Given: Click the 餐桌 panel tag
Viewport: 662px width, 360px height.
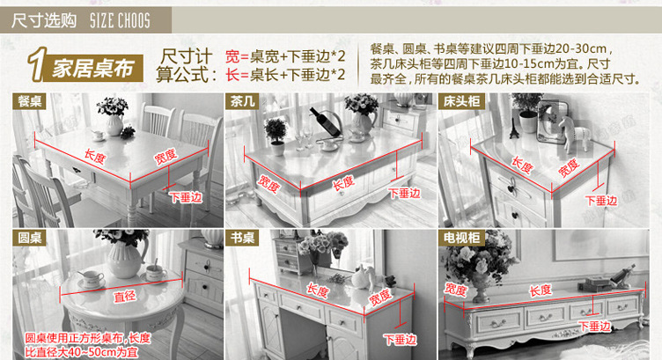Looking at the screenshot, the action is [x=29, y=102].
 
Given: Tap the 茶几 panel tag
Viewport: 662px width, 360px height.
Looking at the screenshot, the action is [x=242, y=102].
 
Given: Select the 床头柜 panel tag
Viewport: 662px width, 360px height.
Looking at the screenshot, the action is [x=461, y=102].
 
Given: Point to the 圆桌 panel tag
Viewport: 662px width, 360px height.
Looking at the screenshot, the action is [x=29, y=238].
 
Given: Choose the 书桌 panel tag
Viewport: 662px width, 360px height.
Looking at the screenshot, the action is [x=242, y=238].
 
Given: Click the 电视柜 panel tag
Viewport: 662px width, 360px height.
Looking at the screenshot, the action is [x=461, y=238].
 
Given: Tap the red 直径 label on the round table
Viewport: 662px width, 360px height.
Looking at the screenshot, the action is [x=125, y=297].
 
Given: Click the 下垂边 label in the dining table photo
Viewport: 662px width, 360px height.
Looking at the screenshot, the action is [x=186, y=197].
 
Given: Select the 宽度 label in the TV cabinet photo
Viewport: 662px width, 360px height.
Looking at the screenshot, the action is [x=455, y=290].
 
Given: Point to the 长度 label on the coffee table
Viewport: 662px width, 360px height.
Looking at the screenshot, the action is [x=343, y=183].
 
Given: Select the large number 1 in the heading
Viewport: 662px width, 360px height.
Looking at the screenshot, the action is [x=38, y=64].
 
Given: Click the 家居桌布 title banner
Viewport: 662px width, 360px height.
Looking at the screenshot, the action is [x=93, y=69].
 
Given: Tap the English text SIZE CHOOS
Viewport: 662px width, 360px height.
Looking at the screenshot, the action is [x=120, y=20].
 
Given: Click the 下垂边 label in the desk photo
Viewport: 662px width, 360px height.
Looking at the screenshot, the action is [x=400, y=340].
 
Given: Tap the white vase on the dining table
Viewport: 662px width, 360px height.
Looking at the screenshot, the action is [x=114, y=125].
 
